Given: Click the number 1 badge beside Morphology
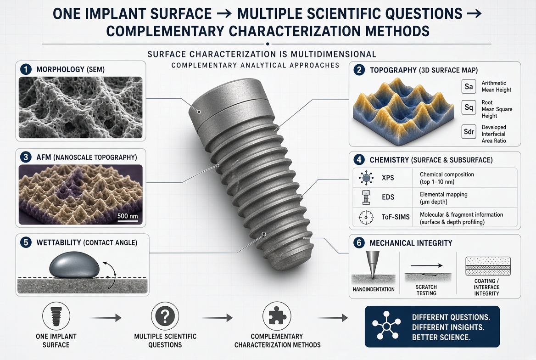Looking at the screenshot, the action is tap(26, 69).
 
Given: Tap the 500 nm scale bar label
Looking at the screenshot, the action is tap(128, 216).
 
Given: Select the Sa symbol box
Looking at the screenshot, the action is tap(469, 86).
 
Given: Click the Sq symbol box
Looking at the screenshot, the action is tap(469, 107).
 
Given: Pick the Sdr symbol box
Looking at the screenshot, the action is tap(469, 132).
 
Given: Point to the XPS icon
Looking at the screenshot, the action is tap(366, 178).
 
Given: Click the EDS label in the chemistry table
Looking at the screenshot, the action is tap(388, 197).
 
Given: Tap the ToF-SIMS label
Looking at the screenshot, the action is tap(396, 217).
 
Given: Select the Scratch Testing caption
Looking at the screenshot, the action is tap(426, 290).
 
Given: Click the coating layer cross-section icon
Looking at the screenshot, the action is tap(488, 266).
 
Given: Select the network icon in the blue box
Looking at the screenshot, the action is tap(386, 326).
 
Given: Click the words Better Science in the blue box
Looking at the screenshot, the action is tap(441, 337).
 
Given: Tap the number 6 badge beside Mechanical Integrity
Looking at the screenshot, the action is tap(359, 243).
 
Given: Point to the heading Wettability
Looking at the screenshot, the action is tap(58, 242).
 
